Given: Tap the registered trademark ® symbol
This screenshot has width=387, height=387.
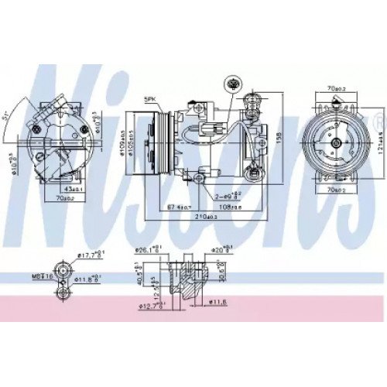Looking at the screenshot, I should click(377, 122).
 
